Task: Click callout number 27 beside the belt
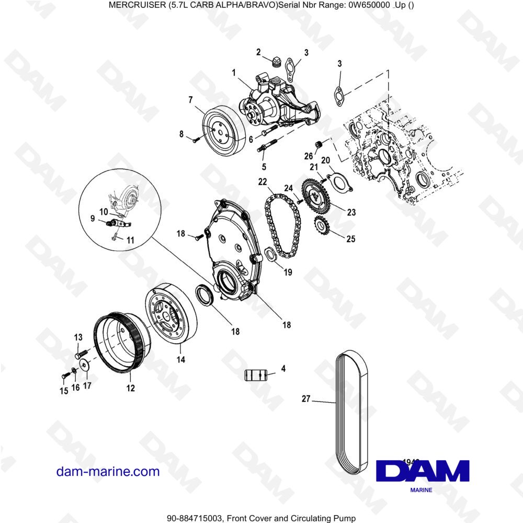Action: tap(306, 399)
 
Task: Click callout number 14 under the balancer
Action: tap(181, 359)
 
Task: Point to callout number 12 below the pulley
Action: tap(130, 388)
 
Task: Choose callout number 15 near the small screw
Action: tap(63, 391)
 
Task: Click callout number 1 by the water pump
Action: tap(234, 72)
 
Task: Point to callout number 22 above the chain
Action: tap(262, 181)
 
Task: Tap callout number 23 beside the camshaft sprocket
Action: tap(351, 212)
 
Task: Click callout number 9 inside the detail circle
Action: tap(93, 220)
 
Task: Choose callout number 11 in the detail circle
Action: tap(131, 240)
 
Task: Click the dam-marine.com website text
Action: tap(108, 471)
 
